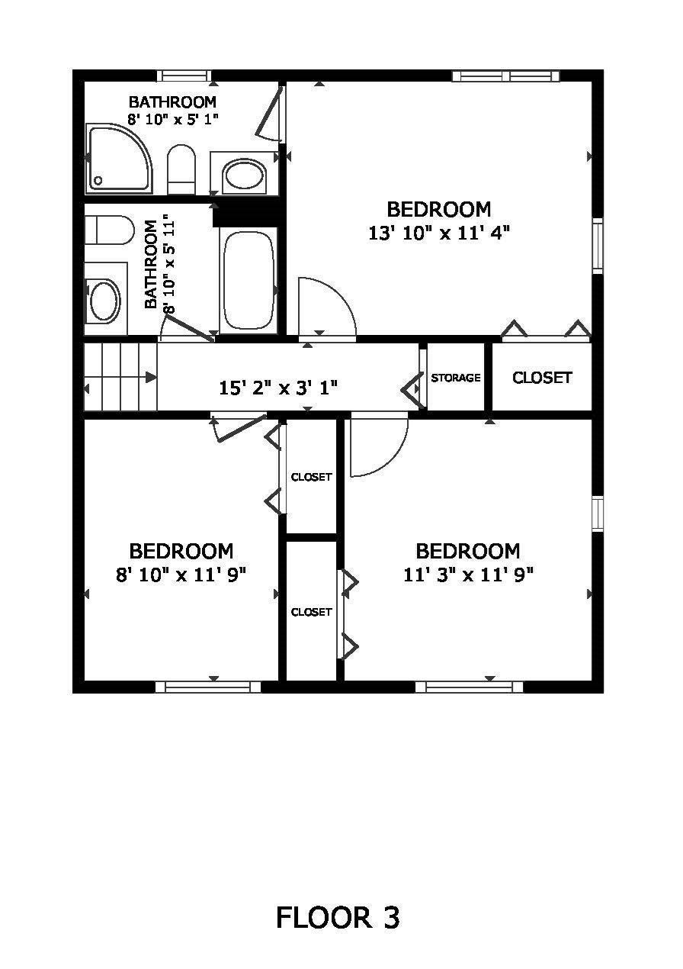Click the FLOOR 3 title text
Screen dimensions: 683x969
click(x=338, y=918)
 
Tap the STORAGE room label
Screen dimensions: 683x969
click(x=456, y=378)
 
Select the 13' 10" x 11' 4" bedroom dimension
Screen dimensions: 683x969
click(x=439, y=234)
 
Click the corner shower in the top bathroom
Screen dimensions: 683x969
click(x=120, y=159)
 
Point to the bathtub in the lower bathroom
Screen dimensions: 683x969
click(x=249, y=281)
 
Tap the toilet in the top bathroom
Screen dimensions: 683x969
click(x=181, y=169)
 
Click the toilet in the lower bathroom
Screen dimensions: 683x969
click(x=109, y=230)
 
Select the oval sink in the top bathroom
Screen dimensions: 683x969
click(x=243, y=174)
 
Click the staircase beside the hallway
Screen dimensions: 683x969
click(x=120, y=377)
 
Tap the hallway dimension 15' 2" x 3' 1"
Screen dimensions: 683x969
click(x=278, y=388)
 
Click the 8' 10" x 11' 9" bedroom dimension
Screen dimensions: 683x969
click(x=181, y=575)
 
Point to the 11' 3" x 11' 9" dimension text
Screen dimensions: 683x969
click(x=468, y=575)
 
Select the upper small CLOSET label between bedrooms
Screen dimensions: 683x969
click(x=311, y=477)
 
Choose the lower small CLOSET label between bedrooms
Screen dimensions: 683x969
click(x=311, y=612)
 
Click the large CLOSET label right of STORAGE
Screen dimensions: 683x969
click(x=542, y=378)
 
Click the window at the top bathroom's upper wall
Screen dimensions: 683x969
click(x=184, y=76)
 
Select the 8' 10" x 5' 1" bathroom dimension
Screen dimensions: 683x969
click(x=173, y=118)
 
